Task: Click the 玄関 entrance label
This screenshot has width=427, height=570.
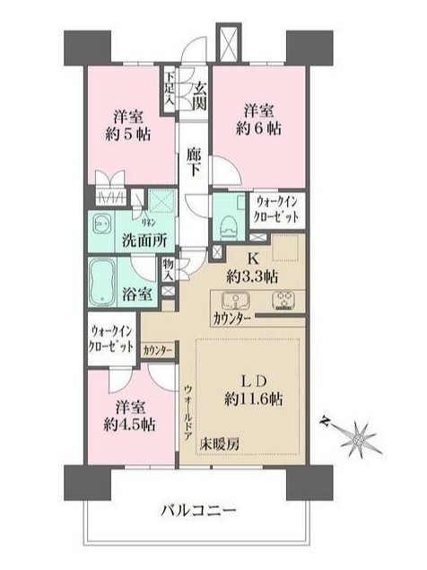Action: [x=200, y=95]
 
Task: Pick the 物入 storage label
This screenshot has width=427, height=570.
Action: [x=168, y=268]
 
